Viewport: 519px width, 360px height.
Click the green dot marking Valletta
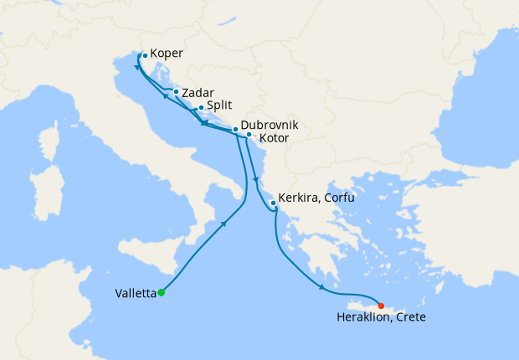tap(161, 292)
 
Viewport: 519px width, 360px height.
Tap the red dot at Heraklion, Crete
tap(381, 306)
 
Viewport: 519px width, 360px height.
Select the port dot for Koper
tap(144, 56)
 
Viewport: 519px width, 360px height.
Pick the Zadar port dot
tap(175, 92)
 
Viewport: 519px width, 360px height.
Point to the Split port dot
tap(201, 108)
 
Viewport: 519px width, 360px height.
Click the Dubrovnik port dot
tap(235, 129)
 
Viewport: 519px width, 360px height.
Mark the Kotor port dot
tap(249, 134)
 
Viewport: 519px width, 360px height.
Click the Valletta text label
tap(134, 294)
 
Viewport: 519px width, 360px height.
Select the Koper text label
tap(167, 54)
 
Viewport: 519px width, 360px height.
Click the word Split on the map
tap(220, 107)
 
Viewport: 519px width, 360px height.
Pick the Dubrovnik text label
tap(270, 125)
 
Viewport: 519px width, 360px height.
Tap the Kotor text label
tap(275, 137)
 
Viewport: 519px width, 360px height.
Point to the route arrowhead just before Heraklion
tap(322, 290)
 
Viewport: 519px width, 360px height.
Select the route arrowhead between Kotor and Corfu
tap(254, 178)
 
